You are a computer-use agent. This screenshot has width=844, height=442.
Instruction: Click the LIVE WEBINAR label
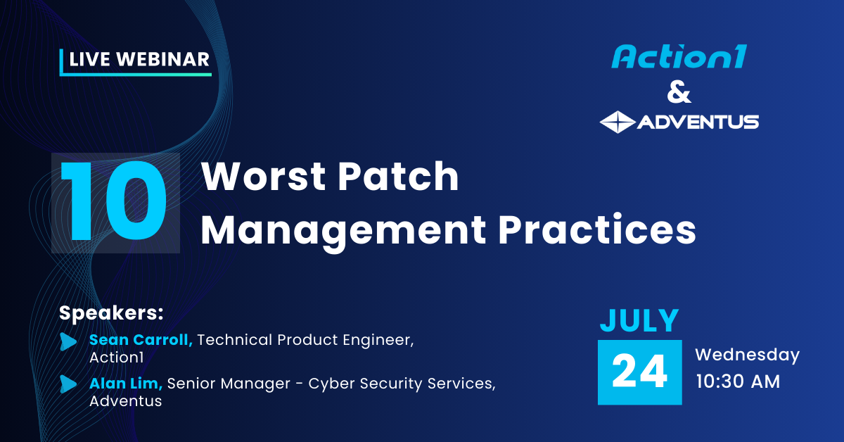point(139,61)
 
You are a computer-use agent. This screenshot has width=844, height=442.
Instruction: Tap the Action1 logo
point(678,57)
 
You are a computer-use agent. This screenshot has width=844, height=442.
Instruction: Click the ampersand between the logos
point(678,92)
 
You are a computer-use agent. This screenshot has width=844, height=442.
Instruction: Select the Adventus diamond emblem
point(617,122)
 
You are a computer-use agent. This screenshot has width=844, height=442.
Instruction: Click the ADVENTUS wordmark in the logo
point(697,122)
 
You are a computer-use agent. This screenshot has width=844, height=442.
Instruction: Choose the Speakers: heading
point(111,312)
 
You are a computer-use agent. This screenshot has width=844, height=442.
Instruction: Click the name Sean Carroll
point(141,340)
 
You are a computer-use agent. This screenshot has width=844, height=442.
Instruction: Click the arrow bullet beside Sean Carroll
point(68,341)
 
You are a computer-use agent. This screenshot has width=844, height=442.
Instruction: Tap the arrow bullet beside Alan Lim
point(68,384)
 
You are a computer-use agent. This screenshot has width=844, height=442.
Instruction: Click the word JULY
point(639,320)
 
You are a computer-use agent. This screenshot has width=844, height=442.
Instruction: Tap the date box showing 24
point(639,372)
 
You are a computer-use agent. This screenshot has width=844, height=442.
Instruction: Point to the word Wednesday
point(747,355)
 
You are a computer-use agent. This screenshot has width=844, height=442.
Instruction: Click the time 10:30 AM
point(738,381)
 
